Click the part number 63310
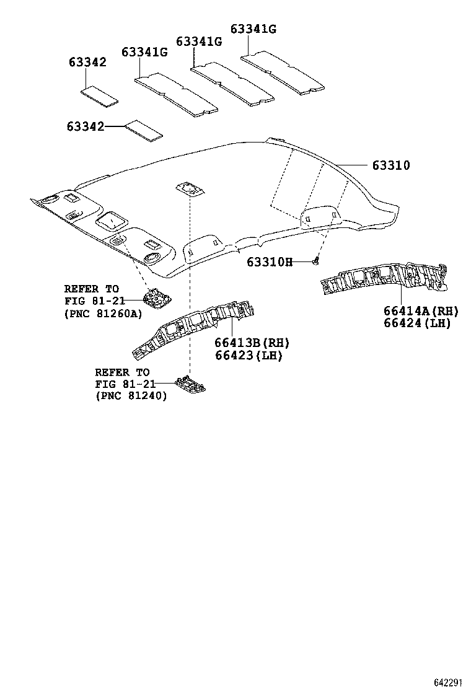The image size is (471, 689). [391, 165]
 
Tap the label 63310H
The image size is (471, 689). [270, 262]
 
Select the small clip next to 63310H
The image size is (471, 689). [315, 261]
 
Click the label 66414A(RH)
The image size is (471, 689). [421, 311]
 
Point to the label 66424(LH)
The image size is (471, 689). [417, 323]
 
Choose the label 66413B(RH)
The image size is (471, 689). [252, 343]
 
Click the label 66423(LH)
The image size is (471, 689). [249, 355]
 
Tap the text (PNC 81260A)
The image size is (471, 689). [103, 314]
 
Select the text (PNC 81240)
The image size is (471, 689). [131, 396]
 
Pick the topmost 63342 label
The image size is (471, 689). [87, 62]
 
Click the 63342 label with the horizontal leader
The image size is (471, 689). [86, 126]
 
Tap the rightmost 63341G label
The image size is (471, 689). [253, 29]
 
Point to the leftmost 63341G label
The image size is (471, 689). [144, 52]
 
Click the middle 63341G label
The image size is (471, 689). [199, 42]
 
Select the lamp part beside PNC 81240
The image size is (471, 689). [190, 384]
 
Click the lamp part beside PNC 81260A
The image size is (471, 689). [156, 299]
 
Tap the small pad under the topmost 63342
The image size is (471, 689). [100, 97]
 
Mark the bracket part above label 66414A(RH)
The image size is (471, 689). [385, 281]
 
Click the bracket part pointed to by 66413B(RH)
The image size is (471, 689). [194, 328]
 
